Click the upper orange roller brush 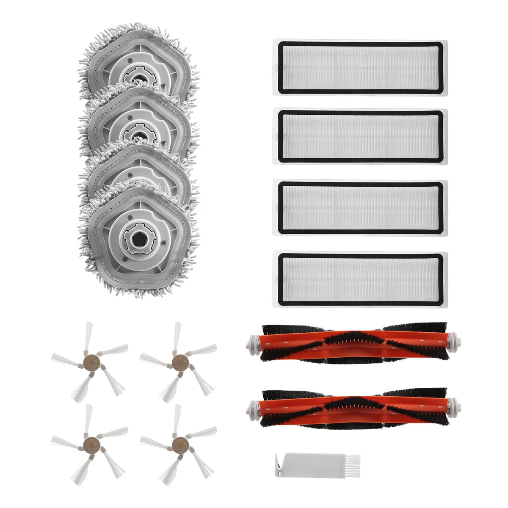pos(353,344)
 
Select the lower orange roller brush pos(353,409)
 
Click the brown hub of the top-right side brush pos(178,361)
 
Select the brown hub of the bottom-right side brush pos(178,443)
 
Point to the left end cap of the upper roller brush pos(253,343)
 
